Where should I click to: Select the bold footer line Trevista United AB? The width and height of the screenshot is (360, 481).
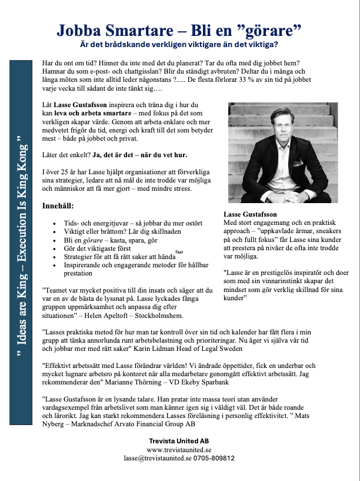coord(180,440)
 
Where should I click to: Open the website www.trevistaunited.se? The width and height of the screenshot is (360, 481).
coord(180,449)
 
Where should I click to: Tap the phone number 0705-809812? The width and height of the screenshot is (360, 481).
coord(216,457)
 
